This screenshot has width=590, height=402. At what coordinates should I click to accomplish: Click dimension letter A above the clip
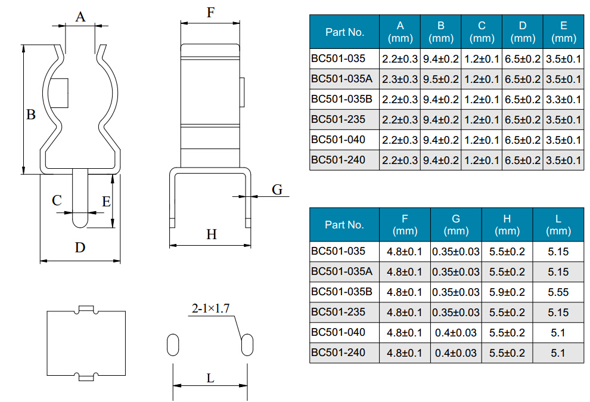click(80, 17)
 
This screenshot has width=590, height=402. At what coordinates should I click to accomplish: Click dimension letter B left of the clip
click(31, 115)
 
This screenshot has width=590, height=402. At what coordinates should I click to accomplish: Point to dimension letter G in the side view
click(277, 190)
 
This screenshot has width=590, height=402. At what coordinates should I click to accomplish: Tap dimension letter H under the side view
click(212, 234)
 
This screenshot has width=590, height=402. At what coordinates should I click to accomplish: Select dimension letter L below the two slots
click(210, 378)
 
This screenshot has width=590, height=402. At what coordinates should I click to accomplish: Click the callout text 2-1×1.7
click(210, 308)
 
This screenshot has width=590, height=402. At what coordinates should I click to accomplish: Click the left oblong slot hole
click(173, 345)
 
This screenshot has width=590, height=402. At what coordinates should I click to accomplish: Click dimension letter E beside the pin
click(106, 202)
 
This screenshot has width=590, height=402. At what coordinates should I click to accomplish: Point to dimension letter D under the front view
click(80, 247)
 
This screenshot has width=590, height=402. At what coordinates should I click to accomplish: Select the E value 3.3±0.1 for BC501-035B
click(563, 100)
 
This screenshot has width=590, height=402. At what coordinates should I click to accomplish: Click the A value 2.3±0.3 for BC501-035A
click(400, 79)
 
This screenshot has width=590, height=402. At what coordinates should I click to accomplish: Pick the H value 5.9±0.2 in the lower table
click(507, 292)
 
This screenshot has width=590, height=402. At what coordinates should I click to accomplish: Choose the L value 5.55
click(558, 292)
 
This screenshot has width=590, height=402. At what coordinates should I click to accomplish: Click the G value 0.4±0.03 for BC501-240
click(456, 353)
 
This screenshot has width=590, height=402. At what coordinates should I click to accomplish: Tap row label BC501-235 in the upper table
click(338, 119)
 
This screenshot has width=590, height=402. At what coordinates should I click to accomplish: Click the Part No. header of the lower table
click(344, 225)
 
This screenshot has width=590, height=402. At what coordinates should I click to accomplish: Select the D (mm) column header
click(523, 32)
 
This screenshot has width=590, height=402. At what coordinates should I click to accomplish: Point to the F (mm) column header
click(405, 225)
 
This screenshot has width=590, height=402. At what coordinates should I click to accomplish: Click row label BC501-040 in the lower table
click(338, 332)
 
